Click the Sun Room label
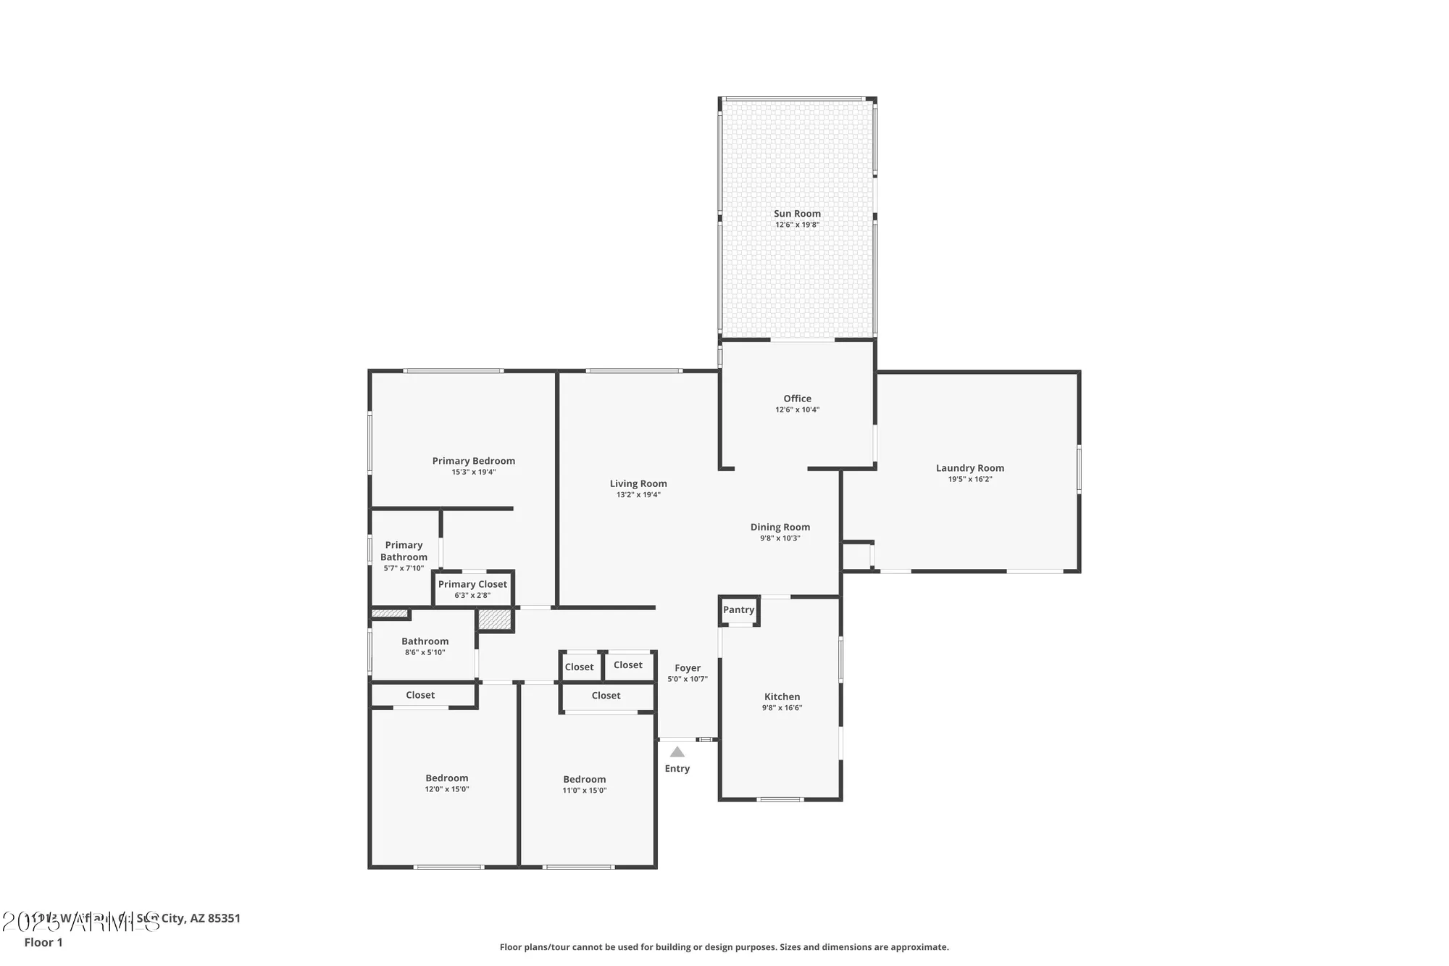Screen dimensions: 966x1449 797,214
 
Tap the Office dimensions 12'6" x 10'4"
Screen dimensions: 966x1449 797,410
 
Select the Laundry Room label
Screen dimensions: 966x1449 969,468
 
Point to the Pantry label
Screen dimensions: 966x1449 738,609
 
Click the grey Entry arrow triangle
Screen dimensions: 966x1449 677,752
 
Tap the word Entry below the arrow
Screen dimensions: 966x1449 677,769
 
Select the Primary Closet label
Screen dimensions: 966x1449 472,584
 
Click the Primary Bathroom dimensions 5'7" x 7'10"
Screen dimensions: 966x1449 404,569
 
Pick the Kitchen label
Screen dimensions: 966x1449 782,696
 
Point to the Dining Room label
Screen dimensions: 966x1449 780,528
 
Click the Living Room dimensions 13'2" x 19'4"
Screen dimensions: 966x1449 638,495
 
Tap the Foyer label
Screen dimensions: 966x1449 687,668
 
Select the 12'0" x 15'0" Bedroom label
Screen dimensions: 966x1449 446,778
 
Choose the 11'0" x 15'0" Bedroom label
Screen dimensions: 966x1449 584,780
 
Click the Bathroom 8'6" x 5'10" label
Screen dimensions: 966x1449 425,641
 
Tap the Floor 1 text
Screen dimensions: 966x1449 43,942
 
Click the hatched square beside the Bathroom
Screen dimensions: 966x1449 495,620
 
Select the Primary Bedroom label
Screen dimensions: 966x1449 473,461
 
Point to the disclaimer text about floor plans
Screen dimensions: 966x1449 724,947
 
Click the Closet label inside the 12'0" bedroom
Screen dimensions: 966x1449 420,695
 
